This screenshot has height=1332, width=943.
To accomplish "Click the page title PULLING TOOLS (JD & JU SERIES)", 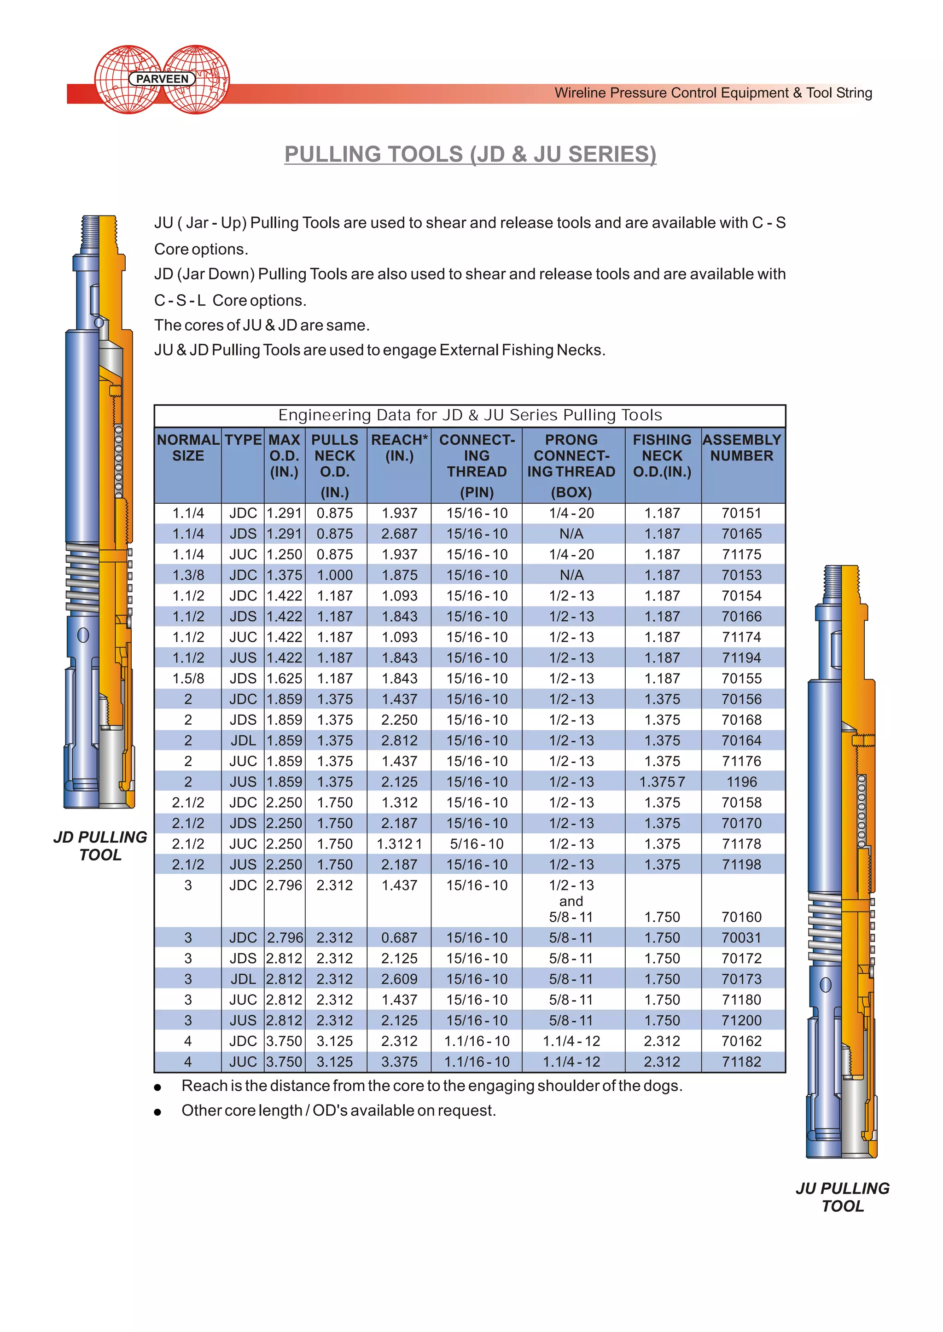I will coord(470,154).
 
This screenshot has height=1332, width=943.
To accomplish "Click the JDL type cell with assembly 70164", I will coord(243,741).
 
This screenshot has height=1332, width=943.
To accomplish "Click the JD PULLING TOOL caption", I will coord(100,846).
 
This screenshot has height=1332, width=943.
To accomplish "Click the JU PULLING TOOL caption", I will coord(843,1197).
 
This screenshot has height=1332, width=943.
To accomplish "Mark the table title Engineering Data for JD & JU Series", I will coord(470,415).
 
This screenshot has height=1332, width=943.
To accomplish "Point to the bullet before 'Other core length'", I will coord(157,1112).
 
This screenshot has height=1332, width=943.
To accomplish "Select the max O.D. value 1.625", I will coord(284,679).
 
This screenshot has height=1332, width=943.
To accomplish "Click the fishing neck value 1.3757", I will coord(662,782).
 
